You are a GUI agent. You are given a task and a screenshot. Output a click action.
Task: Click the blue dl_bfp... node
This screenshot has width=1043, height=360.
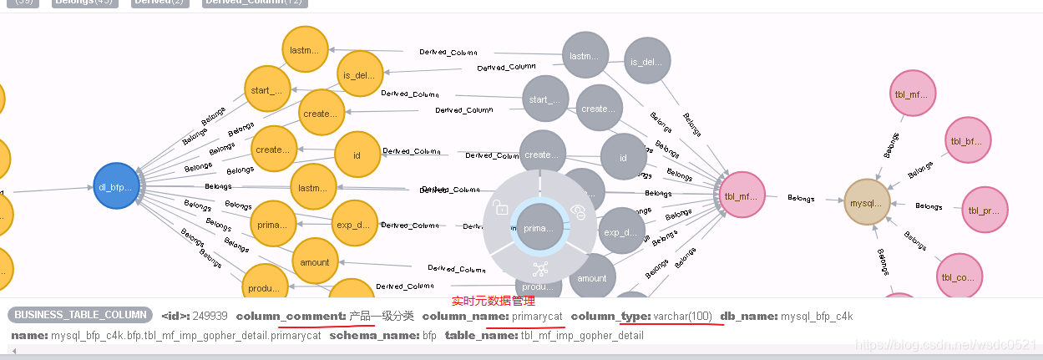[117, 186]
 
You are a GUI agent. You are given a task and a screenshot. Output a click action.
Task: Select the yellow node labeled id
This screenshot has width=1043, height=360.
[357, 155]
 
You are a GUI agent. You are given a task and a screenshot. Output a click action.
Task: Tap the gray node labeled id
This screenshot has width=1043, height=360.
[623, 158]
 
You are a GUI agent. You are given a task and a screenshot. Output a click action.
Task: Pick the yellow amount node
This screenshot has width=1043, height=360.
[315, 261]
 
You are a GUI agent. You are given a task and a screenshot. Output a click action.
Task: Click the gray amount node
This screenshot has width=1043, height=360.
[592, 278]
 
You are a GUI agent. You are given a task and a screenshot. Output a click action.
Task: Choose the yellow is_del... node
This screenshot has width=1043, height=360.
[360, 74]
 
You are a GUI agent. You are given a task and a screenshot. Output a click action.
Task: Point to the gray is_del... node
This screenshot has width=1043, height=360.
[646, 61]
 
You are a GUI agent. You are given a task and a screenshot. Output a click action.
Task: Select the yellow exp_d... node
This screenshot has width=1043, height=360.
[354, 224]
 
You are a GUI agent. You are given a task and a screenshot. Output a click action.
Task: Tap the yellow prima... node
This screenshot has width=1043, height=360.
[273, 224]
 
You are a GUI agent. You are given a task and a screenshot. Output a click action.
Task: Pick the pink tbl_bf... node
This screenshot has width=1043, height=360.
[967, 140]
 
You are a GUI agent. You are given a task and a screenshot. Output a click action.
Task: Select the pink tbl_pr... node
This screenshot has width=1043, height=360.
[985, 210]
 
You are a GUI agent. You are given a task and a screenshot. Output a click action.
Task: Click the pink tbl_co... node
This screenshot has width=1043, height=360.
[959, 276]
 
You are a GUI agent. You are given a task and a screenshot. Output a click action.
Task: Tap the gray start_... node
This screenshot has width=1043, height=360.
[545, 99]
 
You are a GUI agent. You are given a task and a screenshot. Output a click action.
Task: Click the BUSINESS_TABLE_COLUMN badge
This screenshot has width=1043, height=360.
[79, 316]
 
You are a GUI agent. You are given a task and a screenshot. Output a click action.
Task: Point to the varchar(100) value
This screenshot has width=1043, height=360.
[683, 316]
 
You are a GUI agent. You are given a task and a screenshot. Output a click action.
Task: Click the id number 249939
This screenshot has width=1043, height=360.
[210, 316]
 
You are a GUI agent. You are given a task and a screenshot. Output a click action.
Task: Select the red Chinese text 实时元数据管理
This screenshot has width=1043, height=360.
[493, 301]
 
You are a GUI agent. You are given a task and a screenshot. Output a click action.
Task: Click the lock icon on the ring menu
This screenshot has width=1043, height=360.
[501, 207]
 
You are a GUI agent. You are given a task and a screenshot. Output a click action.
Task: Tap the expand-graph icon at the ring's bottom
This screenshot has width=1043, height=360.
[539, 269]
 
